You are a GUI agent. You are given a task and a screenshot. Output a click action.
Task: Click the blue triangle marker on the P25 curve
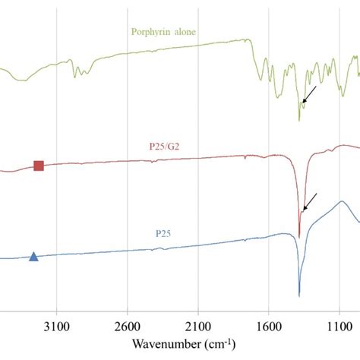point(33,257)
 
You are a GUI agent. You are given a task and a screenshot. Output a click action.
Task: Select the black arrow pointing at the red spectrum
point(309,202)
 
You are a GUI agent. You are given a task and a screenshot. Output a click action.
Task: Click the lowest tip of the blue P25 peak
point(299,295)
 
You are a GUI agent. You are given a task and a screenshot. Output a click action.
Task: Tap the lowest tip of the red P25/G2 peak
point(299,237)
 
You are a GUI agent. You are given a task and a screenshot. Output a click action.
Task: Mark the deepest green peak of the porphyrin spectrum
point(299,120)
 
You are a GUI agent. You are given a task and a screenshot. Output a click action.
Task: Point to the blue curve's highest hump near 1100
point(343,202)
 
